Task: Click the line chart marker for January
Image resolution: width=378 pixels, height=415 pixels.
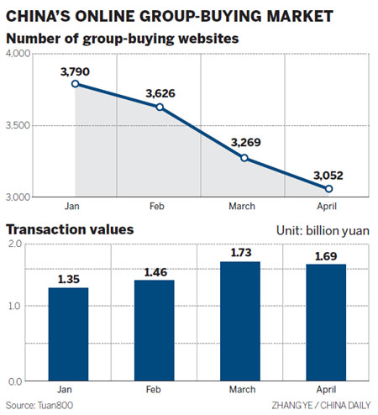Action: click(76, 84)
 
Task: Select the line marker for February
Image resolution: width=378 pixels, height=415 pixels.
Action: click(160, 107)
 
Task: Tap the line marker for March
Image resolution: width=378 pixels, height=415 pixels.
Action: click(244, 158)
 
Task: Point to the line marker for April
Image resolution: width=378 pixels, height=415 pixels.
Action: click(329, 189)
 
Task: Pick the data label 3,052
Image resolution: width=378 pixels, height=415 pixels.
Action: click(328, 175)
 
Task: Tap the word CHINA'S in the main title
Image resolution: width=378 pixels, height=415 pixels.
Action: click(40, 15)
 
